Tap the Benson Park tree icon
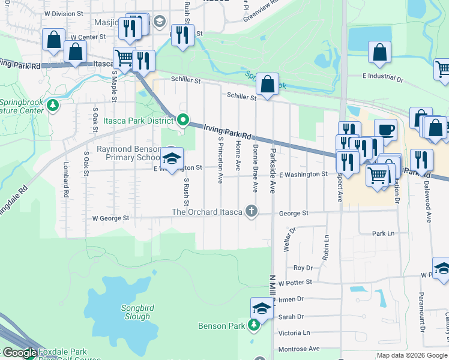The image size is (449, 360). (x=255, y=325)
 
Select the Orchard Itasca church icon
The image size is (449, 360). (x=252, y=211)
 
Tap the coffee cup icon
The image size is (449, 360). (x=385, y=129)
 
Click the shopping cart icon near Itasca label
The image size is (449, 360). (x=124, y=58)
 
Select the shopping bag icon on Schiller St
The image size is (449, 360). (x=268, y=83)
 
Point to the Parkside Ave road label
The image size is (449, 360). (x=273, y=170)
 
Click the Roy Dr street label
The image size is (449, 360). (x=303, y=268)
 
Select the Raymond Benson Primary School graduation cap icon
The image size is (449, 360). (x=172, y=158)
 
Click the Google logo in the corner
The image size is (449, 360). (x=19, y=353)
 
